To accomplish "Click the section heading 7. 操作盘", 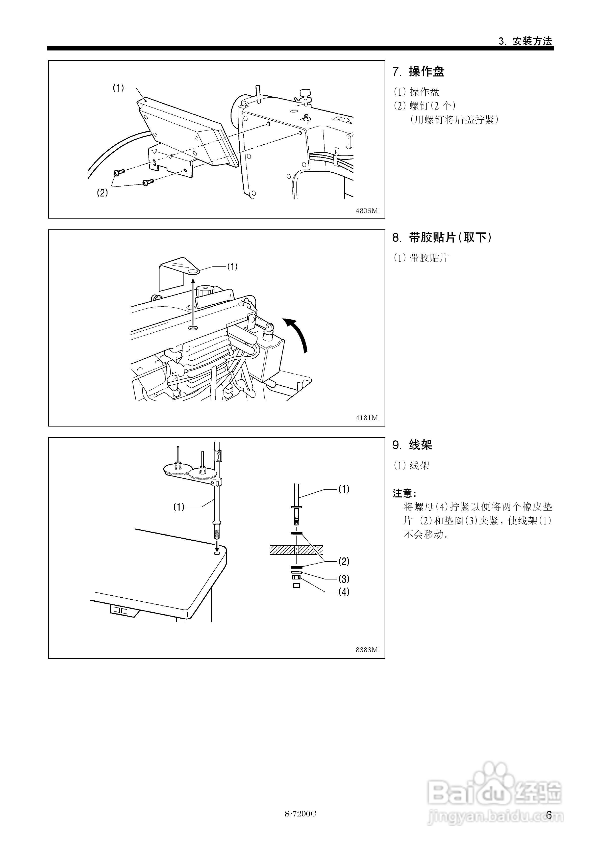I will (418, 71).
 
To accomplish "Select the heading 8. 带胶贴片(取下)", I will (442, 237).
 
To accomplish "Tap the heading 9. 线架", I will (412, 445).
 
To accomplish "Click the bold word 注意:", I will (405, 493).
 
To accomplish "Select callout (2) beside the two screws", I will (102, 193).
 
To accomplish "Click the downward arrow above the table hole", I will (217, 544).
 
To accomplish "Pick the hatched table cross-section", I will (296, 549).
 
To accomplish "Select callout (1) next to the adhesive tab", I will (232, 267).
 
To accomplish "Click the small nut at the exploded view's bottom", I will (296, 586).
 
